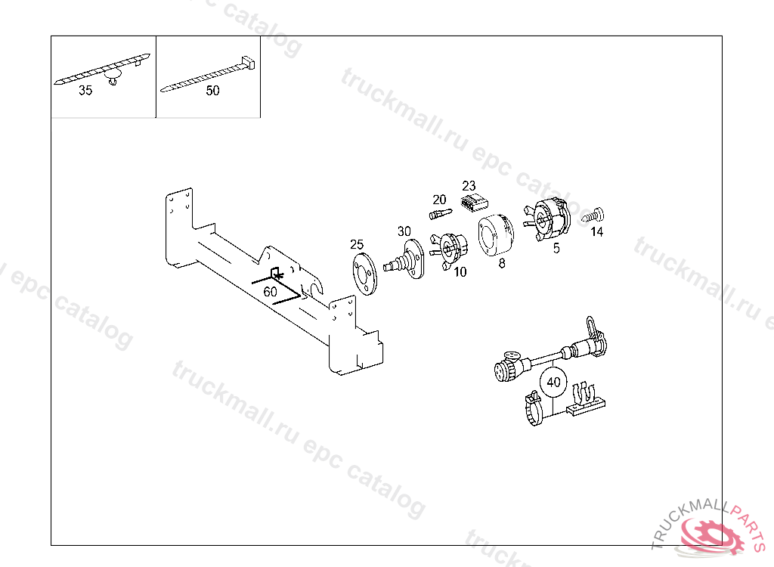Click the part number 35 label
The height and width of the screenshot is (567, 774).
(x=85, y=91)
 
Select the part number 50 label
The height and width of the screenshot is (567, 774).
(x=212, y=91)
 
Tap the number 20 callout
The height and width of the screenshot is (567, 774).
(x=439, y=200)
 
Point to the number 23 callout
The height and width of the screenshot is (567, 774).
(x=469, y=185)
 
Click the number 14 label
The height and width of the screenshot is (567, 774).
(x=597, y=232)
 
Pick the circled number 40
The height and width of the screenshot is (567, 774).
(x=553, y=383)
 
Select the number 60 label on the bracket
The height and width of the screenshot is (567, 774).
(x=270, y=291)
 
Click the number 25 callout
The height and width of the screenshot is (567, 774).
(x=357, y=244)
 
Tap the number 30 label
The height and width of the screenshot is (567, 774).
(x=404, y=231)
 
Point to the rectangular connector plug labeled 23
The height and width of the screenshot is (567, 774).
(x=473, y=203)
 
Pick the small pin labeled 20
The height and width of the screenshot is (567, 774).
(x=439, y=214)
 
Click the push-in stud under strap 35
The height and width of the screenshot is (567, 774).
(x=114, y=79)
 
